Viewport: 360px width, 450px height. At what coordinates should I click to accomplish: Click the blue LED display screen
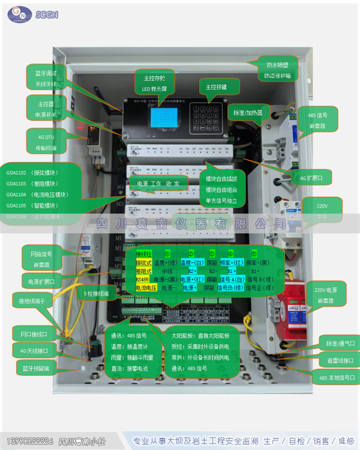tap(160, 119)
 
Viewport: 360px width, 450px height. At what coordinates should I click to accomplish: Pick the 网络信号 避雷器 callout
tap(41, 259)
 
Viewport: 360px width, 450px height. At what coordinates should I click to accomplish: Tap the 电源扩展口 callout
tap(41, 281)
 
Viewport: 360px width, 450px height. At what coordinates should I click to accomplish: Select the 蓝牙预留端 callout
tap(35, 368)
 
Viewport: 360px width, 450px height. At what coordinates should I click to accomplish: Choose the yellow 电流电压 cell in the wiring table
tap(146, 288)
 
